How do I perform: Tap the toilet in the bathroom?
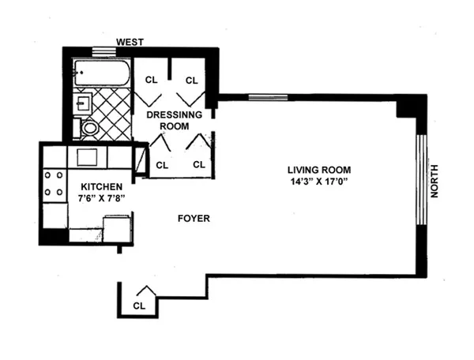coord(89,127)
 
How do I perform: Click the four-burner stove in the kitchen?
coord(54,183)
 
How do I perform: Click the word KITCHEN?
coord(100,186)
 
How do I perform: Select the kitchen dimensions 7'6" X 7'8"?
coord(100,198)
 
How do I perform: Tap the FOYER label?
coord(194,219)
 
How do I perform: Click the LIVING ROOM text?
coord(319,170)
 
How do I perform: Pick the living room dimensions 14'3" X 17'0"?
coord(319,182)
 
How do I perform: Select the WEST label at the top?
coord(130,41)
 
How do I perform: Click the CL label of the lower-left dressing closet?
coord(162,165)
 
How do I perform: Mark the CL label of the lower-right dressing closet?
coord(198,165)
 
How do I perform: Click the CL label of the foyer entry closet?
coord(139,305)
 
